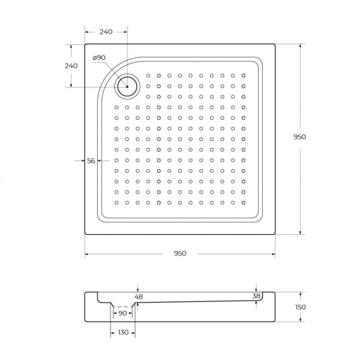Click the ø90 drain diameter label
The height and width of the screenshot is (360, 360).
99,58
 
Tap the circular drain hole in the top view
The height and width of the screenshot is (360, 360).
126,86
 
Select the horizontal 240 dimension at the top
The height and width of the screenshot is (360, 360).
105,32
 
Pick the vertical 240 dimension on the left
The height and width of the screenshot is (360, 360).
71,66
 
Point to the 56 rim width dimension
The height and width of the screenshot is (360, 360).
91,161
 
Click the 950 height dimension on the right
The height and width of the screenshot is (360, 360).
300,137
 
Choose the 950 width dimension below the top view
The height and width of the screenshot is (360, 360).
179,253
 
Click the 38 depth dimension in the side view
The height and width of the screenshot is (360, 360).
256,296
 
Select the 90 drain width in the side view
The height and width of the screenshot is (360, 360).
122,313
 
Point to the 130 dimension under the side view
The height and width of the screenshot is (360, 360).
122,332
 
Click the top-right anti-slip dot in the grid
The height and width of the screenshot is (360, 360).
243,75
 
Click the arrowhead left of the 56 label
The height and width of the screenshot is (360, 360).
82,161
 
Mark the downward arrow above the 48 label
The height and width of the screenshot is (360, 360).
138,289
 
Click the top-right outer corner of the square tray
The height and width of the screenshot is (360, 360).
275,44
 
